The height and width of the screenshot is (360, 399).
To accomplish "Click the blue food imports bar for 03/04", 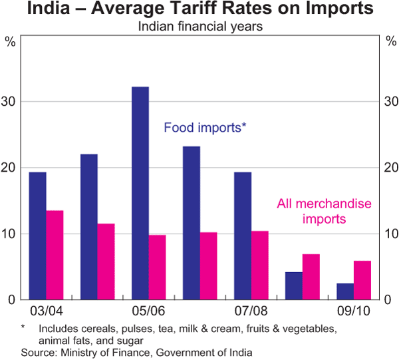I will pos(37,236).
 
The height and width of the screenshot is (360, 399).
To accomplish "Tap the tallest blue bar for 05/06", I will pos(140,193).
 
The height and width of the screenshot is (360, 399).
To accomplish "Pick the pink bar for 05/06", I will pos(158,267).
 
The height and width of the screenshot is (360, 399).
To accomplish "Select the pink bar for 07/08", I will pos(260,265).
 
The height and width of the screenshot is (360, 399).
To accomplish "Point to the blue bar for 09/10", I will pos(345,291).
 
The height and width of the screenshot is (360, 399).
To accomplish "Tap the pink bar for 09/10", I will pos(362,280).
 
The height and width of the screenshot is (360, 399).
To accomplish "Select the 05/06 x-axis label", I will pos(149,311).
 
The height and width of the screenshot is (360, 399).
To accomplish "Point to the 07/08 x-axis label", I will pos(251,311).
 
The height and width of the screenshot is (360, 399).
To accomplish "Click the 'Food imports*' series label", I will pos(205,127).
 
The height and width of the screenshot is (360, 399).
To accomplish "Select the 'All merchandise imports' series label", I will pos(324,212).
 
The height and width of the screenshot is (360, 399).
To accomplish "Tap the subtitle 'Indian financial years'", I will pos(199,27).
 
